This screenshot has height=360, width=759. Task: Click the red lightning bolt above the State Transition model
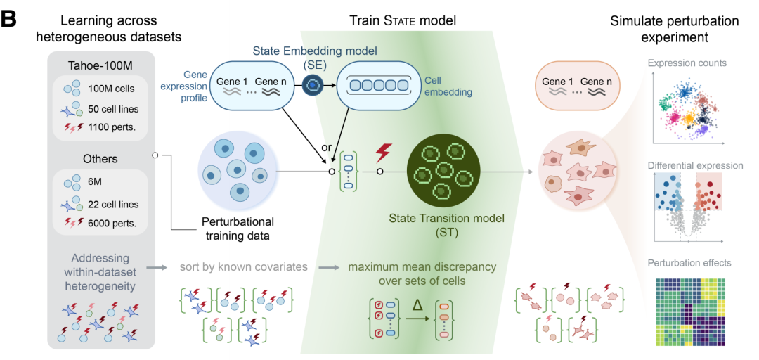pos(383,153)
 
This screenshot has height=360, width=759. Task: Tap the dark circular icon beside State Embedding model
pos(312,85)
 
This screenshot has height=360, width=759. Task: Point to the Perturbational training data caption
pos(238,230)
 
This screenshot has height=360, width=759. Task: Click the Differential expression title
pos(695,166)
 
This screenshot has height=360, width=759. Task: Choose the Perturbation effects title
pos(690,263)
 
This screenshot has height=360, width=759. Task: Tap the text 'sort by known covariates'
pos(243,267)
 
